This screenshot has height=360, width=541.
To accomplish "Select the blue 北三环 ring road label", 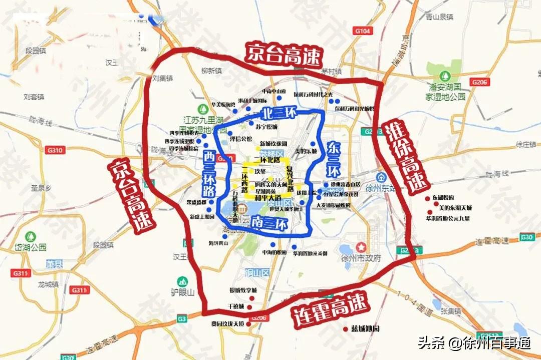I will click(273, 113).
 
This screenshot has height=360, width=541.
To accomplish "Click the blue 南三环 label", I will click(270, 222).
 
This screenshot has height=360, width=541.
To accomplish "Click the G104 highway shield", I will click(365, 31).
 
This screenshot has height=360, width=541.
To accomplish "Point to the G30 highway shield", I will click(526, 237).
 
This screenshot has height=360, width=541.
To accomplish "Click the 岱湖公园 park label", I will click(30, 247).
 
